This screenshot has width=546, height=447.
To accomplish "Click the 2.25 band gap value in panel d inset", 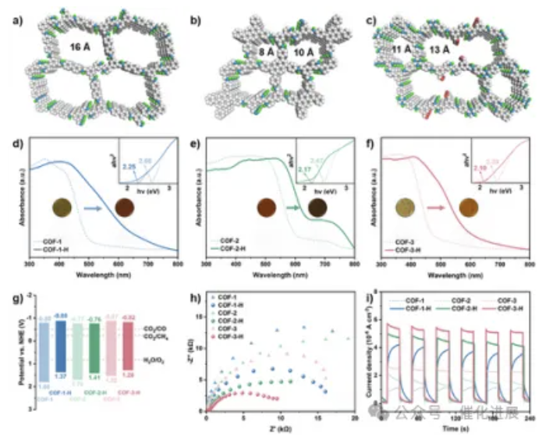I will [130, 166].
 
